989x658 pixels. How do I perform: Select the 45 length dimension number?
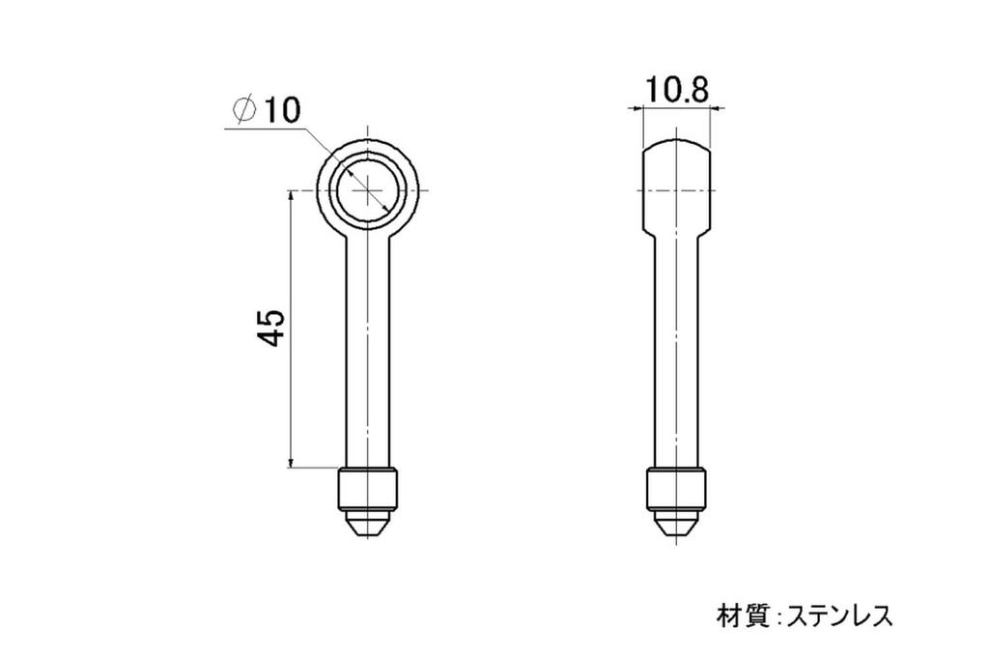[271, 329]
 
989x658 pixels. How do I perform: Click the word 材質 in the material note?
[741, 615]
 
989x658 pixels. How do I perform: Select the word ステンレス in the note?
[839, 615]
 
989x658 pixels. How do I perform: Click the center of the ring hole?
[368, 189]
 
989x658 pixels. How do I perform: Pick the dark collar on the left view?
[368, 490]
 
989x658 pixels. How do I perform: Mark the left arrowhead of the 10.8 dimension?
[637, 110]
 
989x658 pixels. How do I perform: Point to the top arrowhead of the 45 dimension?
[291, 196]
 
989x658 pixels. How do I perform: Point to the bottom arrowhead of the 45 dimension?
[291, 464]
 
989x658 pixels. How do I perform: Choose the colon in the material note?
[778, 616]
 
